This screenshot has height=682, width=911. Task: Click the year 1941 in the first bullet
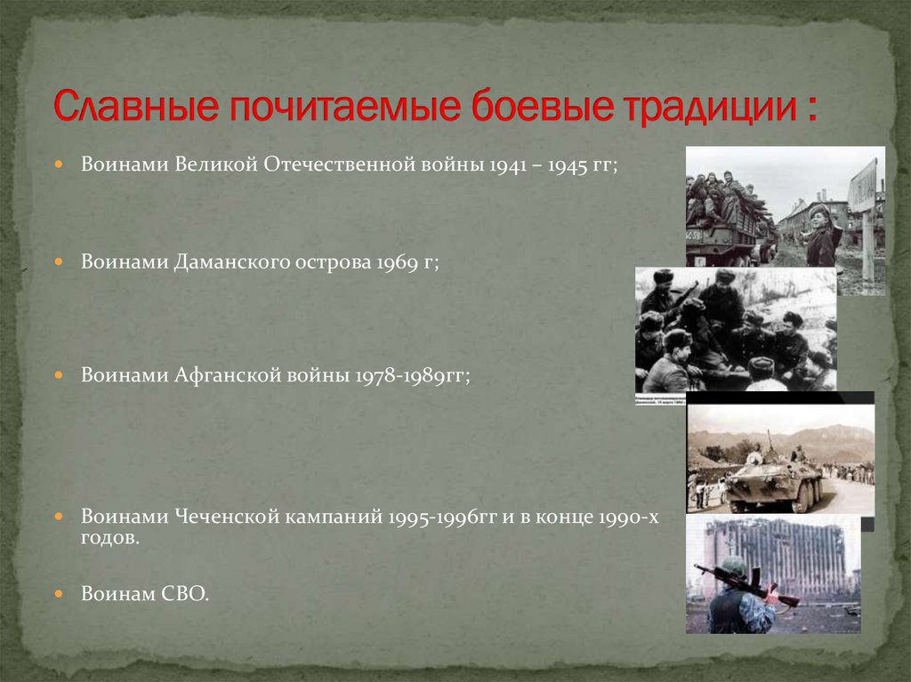click(507, 165)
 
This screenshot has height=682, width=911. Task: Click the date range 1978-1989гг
click(411, 375)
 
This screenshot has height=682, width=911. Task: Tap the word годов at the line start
click(108, 539)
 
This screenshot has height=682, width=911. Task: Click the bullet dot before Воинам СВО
click(58, 593)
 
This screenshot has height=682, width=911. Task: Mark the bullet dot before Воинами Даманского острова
click(58, 263)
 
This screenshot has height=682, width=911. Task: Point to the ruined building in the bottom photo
click(783, 555)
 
